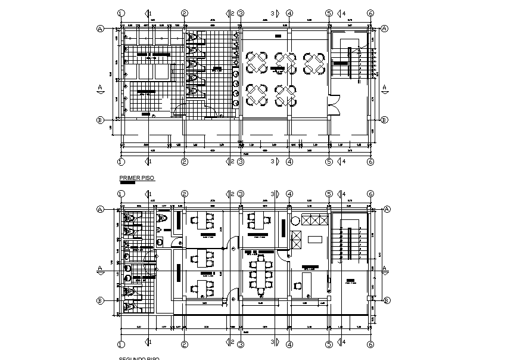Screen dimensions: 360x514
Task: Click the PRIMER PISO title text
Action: [133, 178]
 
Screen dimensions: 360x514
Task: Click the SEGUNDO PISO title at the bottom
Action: [139, 358]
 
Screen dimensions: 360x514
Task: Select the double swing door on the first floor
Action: [333, 105]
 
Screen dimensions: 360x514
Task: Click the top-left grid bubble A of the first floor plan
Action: [101, 28]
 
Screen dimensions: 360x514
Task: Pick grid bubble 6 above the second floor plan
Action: [370, 194]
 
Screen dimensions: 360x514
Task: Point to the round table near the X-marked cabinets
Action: [295, 221]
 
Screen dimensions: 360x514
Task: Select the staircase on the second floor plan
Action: [348, 244]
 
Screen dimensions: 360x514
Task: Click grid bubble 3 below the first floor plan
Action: [241, 162]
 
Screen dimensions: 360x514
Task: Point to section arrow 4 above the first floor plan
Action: [341, 13]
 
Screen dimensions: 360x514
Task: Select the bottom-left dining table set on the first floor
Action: [257, 94]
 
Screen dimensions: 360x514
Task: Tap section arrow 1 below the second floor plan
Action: [148, 342]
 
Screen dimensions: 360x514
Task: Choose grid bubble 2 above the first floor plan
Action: [185, 13]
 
